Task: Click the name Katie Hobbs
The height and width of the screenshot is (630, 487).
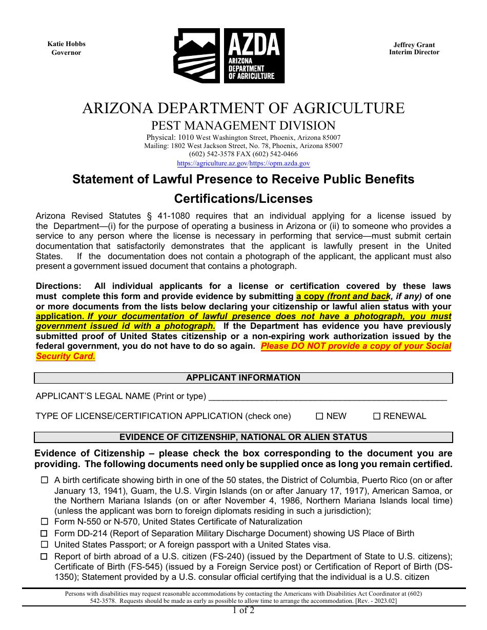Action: [x=66, y=44]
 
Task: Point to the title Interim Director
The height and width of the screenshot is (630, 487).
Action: [x=414, y=52]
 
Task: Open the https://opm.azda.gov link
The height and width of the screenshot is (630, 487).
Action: [x=280, y=163]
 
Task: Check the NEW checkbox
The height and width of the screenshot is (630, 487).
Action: [x=319, y=416]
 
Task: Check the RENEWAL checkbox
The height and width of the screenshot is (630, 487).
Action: [x=376, y=416]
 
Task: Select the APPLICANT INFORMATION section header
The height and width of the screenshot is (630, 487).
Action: [x=243, y=378]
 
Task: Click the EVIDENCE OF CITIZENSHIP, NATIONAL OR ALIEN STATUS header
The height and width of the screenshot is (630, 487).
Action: [x=243, y=437]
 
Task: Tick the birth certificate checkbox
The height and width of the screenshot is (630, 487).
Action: [x=44, y=480]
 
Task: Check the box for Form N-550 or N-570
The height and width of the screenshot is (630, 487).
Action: [x=44, y=521]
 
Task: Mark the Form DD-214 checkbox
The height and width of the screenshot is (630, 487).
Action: [x=44, y=533]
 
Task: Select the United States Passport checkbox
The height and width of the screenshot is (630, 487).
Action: [x=44, y=545]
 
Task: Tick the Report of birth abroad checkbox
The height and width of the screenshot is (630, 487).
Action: [x=44, y=557]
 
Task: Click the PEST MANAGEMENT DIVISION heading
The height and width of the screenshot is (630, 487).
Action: [x=243, y=125]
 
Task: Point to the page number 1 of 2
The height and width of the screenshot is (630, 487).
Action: [x=243, y=610]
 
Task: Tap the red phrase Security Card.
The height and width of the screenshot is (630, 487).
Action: [x=66, y=356]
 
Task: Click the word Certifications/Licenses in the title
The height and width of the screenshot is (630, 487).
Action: [x=243, y=198]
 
